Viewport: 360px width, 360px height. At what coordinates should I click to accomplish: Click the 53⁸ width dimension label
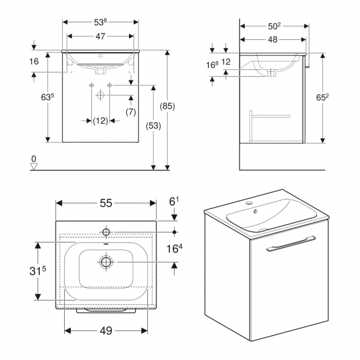[x=100, y=22]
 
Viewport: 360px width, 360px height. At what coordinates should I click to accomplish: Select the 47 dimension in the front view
[x=100, y=37]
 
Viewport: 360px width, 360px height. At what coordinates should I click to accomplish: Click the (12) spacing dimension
[x=100, y=121]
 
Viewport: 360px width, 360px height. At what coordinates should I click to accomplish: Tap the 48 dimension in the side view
[x=274, y=40]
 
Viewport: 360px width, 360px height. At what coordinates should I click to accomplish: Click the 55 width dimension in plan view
[x=106, y=203]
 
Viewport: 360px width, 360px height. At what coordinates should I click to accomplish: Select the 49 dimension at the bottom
[x=106, y=331]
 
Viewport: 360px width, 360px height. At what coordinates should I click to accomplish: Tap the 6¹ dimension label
[x=174, y=202]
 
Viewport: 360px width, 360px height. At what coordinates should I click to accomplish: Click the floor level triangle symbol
[x=34, y=165]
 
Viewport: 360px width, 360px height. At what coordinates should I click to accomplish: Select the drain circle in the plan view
[x=106, y=261]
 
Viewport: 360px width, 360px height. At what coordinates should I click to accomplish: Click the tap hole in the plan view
[x=106, y=231]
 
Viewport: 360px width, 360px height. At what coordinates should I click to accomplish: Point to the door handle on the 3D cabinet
[x=290, y=243]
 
